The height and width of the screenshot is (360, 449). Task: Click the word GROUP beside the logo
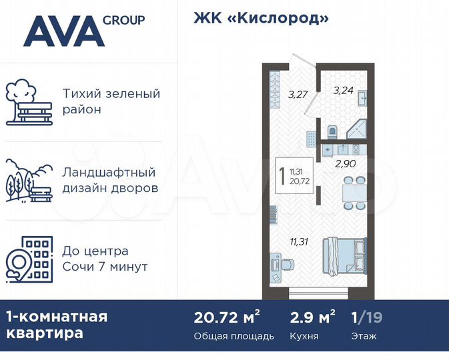124,19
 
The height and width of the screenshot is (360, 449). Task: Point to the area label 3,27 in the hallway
297,95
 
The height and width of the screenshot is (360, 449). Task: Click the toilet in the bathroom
334,131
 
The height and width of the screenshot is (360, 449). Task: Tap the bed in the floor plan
344,255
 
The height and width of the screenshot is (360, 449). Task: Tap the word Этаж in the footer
364,336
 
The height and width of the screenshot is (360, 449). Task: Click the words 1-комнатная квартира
56,325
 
